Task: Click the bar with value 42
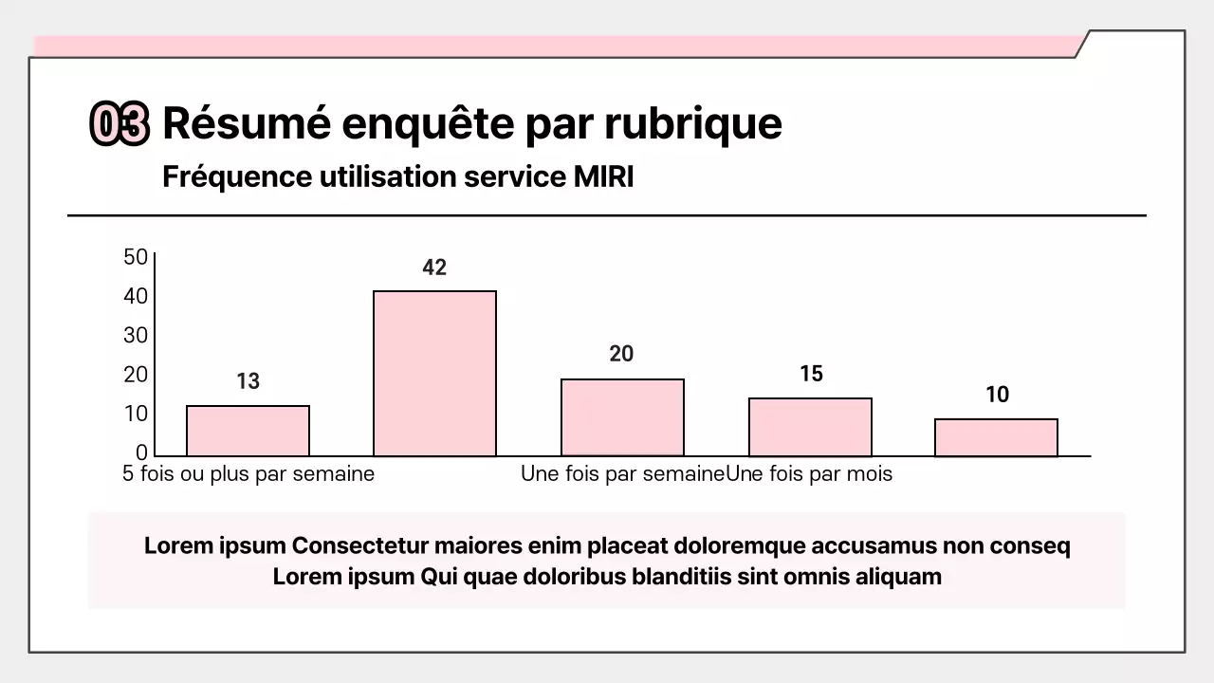[434, 373]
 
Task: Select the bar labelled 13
[248, 431]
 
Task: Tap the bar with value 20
[622, 417]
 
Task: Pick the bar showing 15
[810, 427]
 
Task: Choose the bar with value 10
[996, 437]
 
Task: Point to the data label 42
[434, 268]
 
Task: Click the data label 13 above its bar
[248, 381]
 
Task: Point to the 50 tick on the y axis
[136, 257]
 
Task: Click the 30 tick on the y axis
[136, 335]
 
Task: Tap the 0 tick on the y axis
[141, 452]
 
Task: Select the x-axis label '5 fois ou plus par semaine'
[248, 473]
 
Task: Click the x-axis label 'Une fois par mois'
[809, 473]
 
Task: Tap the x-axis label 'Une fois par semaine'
[622, 473]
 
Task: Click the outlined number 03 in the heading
[120, 124]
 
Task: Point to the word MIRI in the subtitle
[604, 176]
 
